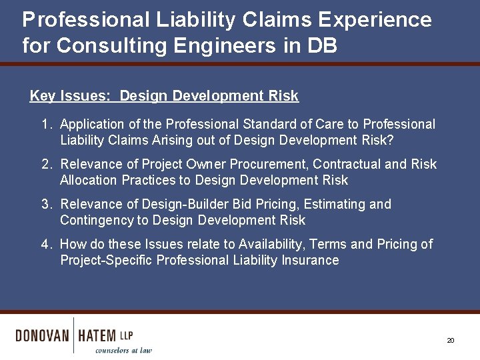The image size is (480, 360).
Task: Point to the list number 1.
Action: (45, 125)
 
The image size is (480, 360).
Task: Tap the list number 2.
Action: (45, 165)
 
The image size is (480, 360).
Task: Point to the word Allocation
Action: (87, 180)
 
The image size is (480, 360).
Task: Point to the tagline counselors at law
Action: (123, 350)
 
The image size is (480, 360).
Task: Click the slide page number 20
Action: (450, 340)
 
